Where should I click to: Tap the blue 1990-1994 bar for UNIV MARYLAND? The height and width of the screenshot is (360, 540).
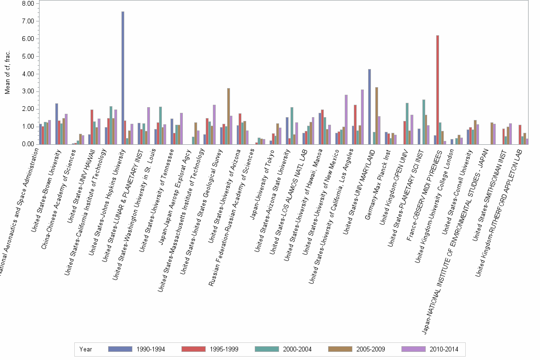[369, 107]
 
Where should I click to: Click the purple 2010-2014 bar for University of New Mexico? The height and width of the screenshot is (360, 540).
[346, 120]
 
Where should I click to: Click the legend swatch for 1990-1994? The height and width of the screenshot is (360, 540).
[120, 349]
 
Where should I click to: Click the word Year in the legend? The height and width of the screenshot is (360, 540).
[86, 349]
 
